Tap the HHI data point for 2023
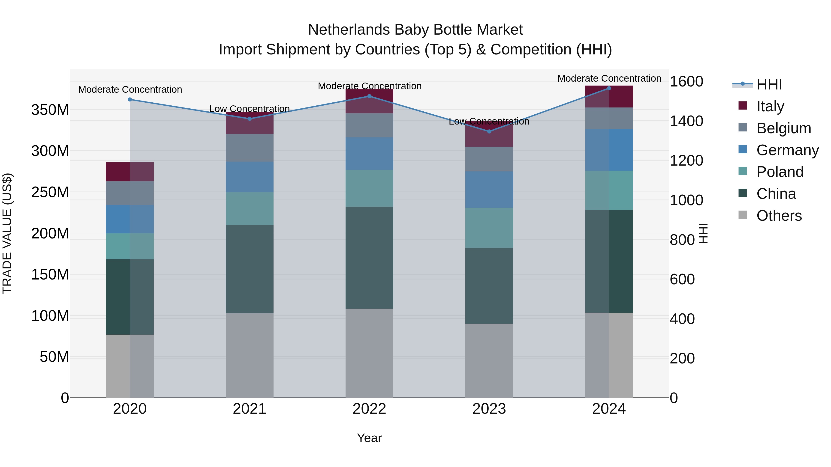[489, 131]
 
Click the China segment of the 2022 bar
[369, 258]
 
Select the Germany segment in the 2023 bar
[489, 190]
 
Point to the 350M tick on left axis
[50, 110]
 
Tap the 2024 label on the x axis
[609, 409]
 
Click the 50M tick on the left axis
[54, 357]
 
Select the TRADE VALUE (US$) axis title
[7, 233]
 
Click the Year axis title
[369, 438]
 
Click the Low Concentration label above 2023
[489, 122]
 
